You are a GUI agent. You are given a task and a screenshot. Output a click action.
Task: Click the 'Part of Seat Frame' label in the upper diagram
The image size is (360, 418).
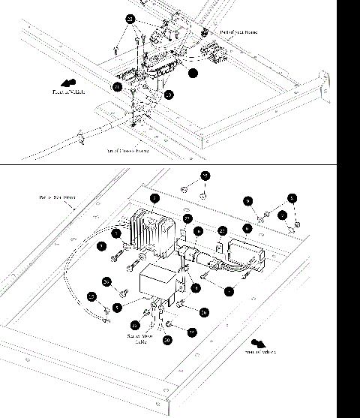[238, 33]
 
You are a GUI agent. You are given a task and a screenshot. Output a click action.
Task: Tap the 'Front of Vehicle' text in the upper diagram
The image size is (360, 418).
[68, 92]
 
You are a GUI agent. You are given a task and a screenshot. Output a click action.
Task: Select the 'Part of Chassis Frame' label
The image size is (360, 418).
[127, 151]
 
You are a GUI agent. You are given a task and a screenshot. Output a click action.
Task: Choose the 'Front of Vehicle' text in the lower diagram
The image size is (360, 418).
[259, 351]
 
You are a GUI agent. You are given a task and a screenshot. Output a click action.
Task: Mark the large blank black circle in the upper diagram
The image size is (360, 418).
[193, 74]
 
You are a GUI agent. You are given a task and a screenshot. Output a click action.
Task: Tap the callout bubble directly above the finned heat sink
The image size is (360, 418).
[154, 199]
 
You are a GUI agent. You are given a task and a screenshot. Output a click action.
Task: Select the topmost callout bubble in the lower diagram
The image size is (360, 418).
[205, 176]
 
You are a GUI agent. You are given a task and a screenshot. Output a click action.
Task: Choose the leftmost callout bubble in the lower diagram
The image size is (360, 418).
[92, 296]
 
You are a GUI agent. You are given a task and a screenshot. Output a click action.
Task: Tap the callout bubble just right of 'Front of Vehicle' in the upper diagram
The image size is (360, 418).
[118, 87]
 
